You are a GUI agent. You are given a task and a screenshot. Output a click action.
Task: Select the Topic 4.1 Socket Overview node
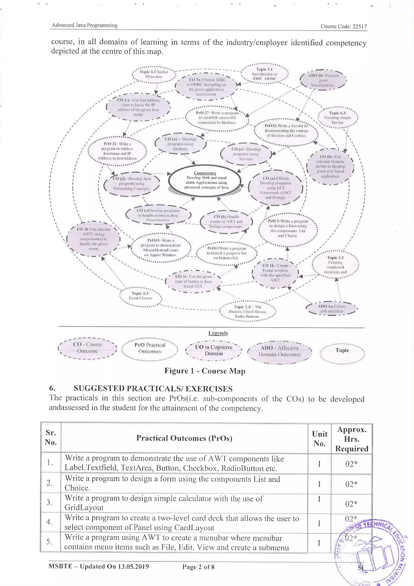point(154,74)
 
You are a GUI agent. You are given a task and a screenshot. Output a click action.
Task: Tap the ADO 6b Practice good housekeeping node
point(323,80)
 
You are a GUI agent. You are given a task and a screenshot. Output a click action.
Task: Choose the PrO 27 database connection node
point(217,117)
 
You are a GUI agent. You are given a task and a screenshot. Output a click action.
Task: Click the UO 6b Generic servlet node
point(330,166)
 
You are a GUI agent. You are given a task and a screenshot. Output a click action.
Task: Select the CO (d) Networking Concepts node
point(132,184)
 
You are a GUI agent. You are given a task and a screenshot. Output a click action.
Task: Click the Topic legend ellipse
point(342,351)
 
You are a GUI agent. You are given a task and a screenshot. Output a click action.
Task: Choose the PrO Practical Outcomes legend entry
point(150,348)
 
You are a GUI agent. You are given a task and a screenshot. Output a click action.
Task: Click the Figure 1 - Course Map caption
point(205,371)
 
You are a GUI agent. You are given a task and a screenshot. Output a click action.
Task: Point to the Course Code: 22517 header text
point(343,26)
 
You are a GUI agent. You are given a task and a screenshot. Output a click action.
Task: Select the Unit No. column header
point(319,438)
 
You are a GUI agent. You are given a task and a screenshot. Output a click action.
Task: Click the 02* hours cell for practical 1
point(351,464)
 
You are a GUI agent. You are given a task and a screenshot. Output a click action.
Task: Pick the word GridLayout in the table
point(84,507)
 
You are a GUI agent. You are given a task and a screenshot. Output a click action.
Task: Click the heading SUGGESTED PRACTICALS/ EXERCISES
point(153,389)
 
